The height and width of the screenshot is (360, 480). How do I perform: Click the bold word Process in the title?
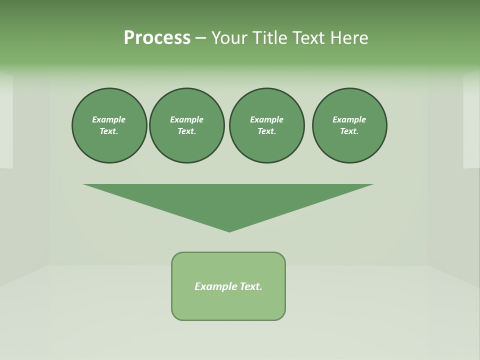pyautogui.click(x=157, y=37)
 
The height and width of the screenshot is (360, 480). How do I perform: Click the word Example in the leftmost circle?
pyautogui.click(x=109, y=119)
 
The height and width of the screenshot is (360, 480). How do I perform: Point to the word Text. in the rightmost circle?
pyautogui.click(x=349, y=131)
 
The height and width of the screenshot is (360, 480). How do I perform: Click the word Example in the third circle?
pyautogui.click(x=266, y=119)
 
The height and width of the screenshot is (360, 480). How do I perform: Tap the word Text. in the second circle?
pyautogui.click(x=186, y=131)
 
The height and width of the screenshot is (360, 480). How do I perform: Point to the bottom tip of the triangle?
pyautogui.click(x=229, y=230)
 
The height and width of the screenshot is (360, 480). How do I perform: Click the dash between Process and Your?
pyautogui.click(x=200, y=38)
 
